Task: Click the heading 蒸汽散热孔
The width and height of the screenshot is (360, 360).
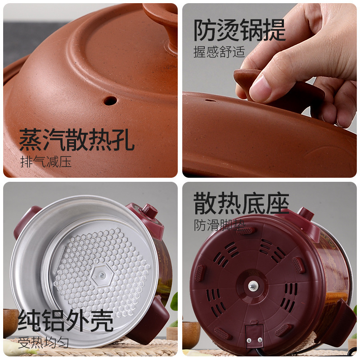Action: pyautogui.click(x=76, y=140)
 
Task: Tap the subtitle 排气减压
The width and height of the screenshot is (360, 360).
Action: pyautogui.click(x=46, y=161)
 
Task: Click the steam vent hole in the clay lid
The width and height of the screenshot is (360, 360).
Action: pyautogui.click(x=110, y=100)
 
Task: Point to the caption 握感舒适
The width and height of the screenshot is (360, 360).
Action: pyautogui.click(x=219, y=52)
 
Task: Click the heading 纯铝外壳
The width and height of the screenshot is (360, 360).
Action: pyautogui.click(x=65, y=320)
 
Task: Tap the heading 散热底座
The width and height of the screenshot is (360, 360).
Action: pyautogui.click(x=241, y=204)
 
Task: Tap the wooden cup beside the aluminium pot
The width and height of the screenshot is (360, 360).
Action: pyautogui.click(x=10, y=321)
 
